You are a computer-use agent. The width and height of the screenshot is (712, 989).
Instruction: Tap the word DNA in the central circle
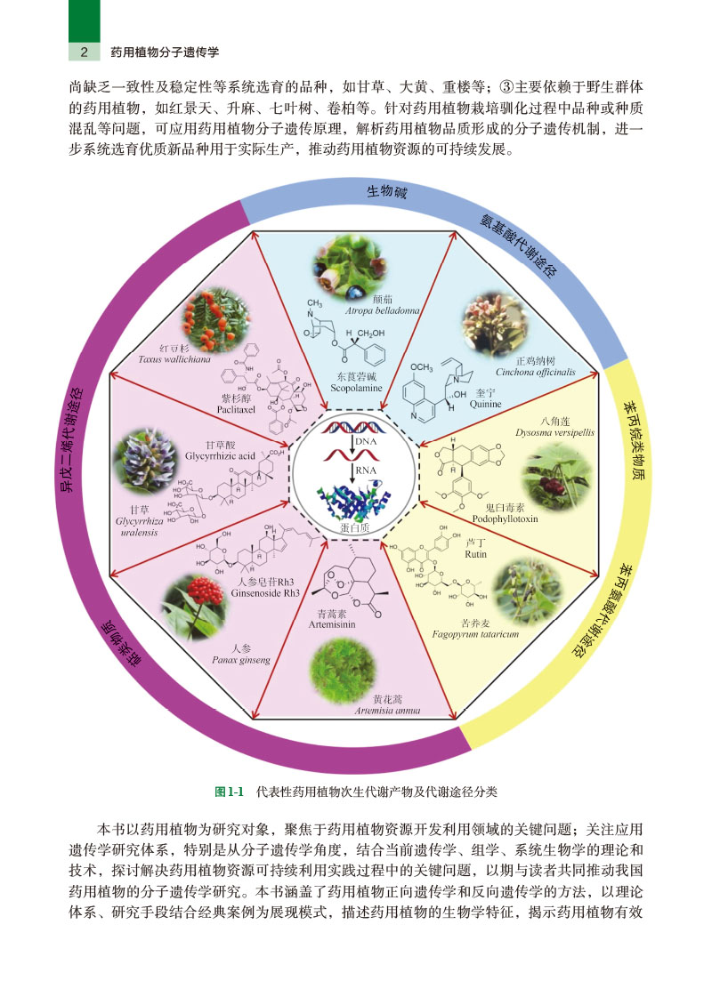tap(363, 440)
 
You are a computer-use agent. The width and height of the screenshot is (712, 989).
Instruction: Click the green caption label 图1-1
tap(230, 790)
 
